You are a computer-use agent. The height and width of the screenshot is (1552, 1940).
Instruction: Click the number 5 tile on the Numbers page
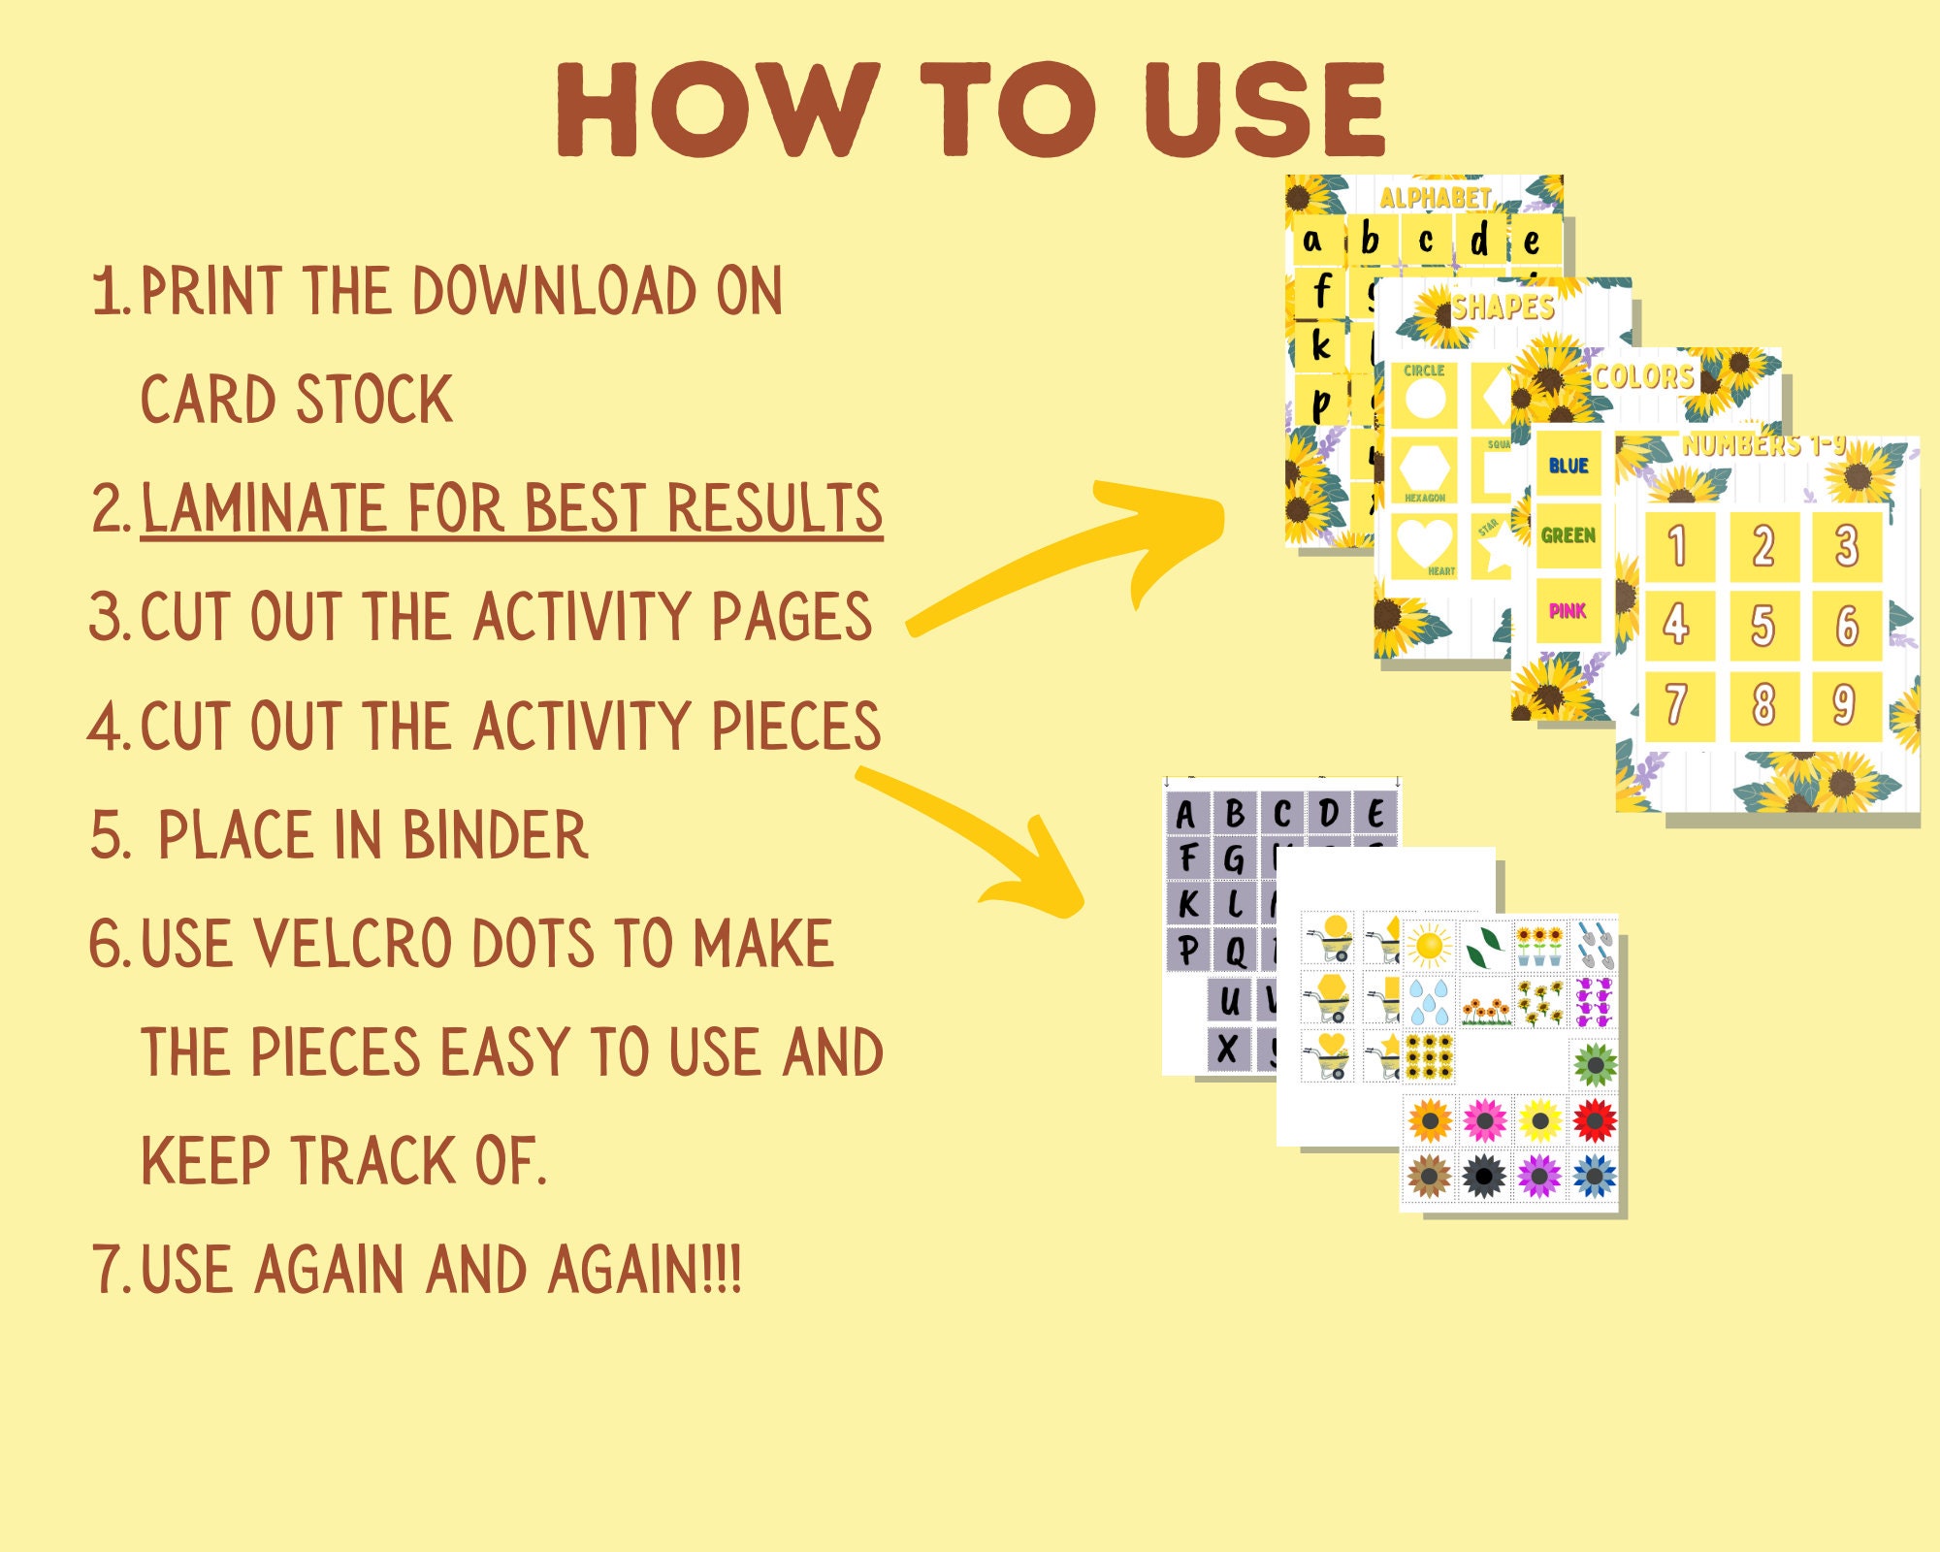(1763, 625)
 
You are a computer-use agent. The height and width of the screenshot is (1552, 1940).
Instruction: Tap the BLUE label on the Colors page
(1568, 466)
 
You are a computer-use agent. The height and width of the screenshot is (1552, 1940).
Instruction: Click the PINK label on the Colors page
(1568, 611)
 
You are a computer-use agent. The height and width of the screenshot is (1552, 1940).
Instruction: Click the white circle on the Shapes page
(1425, 399)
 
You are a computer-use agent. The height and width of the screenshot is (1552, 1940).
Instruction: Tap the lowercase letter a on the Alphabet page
(1312, 240)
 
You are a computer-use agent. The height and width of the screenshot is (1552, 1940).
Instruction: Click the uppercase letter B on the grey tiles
(1235, 813)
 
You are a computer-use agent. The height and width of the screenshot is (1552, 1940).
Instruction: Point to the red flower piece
(1595, 1121)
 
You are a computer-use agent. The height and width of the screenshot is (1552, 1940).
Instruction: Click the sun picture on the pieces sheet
(1430, 944)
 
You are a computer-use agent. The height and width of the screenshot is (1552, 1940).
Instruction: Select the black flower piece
(1484, 1177)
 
